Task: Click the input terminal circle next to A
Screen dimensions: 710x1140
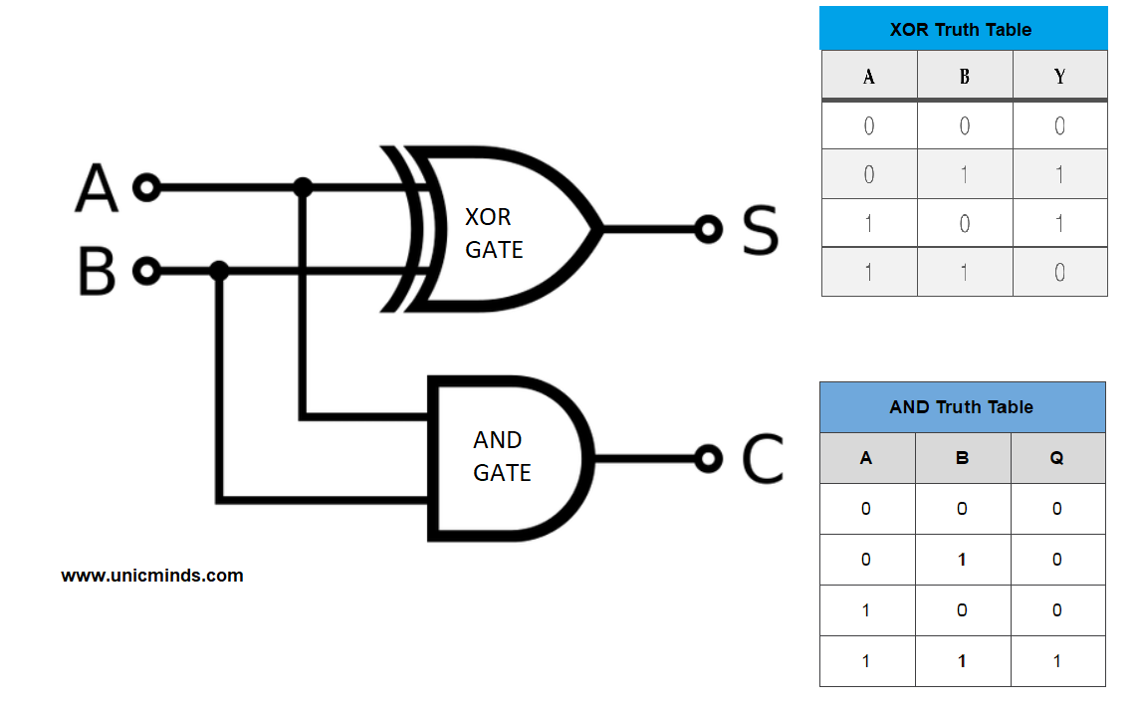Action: (147, 187)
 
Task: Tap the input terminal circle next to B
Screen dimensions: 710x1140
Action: (147, 270)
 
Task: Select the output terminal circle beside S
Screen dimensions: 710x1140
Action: (708, 229)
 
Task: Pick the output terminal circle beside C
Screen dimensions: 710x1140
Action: (708, 458)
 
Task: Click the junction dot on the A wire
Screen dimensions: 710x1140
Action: (303, 187)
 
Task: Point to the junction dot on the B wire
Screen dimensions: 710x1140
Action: (220, 270)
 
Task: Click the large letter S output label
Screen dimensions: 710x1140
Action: (761, 230)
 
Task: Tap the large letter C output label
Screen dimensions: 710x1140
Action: (764, 459)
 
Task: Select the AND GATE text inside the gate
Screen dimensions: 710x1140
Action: (501, 456)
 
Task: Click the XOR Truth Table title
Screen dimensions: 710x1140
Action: (961, 30)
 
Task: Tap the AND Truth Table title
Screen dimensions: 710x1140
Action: (961, 407)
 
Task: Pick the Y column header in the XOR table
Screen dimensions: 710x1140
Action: (1059, 77)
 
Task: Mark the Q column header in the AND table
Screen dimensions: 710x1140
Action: (1056, 458)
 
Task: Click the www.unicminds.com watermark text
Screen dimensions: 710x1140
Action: (152, 576)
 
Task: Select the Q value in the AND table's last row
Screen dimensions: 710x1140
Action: (1056, 661)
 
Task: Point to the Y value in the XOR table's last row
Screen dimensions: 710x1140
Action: (1059, 272)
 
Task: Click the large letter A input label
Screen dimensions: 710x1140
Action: (97, 188)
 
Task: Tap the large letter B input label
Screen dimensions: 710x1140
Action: (97, 271)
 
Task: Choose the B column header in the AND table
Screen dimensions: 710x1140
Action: (962, 458)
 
